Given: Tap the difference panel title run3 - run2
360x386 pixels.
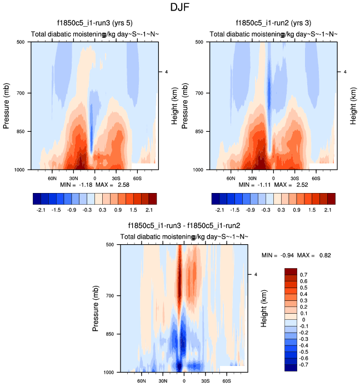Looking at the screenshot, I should (184, 226).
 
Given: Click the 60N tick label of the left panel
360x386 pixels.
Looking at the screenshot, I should (52, 179).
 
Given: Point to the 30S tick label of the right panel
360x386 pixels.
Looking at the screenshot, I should (294, 179).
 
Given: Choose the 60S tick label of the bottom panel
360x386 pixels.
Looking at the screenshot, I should (227, 382).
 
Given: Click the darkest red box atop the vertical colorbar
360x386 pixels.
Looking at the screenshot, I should (291, 271).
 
